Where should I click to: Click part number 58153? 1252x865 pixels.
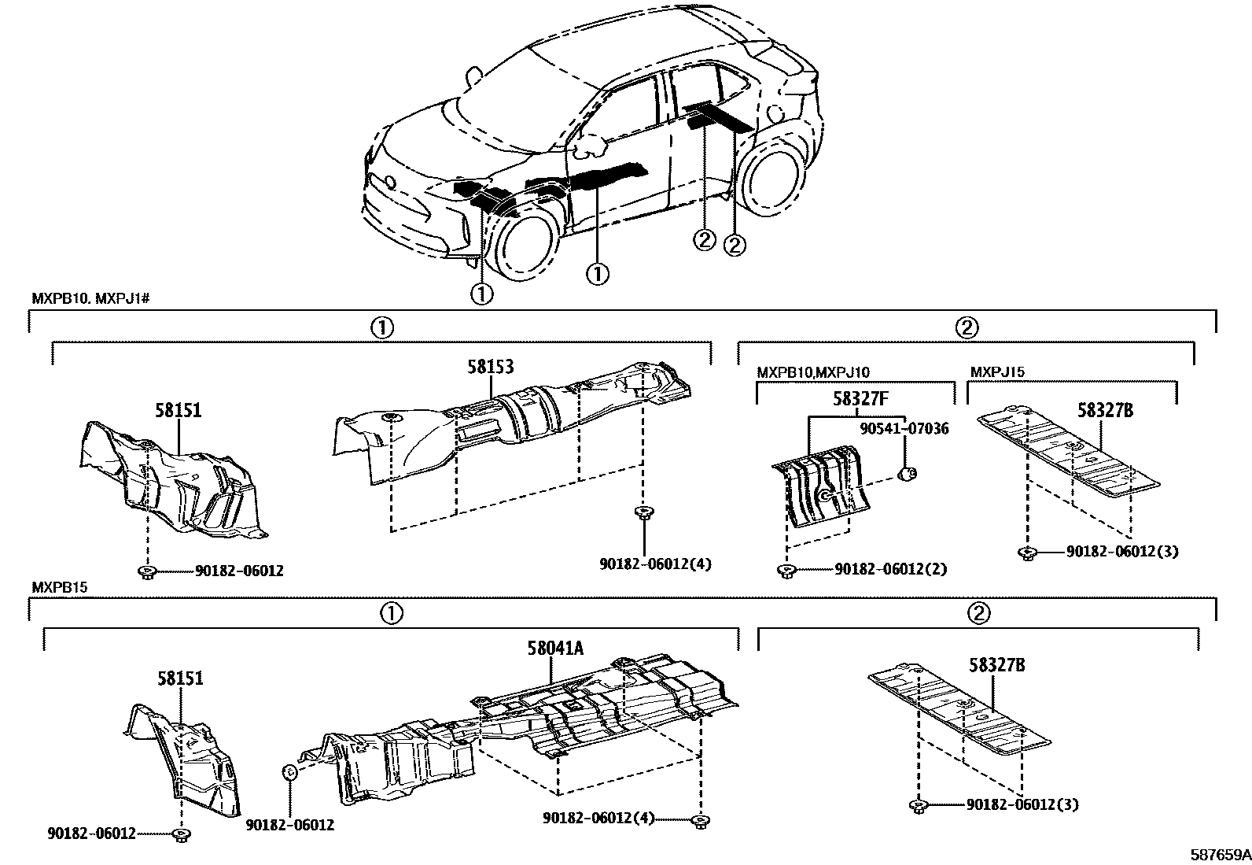pyautogui.click(x=492, y=368)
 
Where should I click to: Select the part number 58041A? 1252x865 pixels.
pyautogui.click(x=555, y=648)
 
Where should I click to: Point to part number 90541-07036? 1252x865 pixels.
pyautogui.click(x=904, y=429)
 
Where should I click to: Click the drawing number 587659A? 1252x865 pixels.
pyautogui.click(x=1219, y=854)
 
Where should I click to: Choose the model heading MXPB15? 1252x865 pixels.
pyautogui.click(x=55, y=587)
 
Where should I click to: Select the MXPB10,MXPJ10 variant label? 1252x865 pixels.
pyautogui.click(x=813, y=372)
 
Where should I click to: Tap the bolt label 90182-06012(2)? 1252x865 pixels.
pyautogui.click(x=890, y=568)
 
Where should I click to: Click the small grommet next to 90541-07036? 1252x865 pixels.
pyautogui.click(x=907, y=473)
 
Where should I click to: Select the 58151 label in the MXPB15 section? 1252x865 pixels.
pyautogui.click(x=180, y=678)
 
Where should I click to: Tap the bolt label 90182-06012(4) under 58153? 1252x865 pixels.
pyautogui.click(x=655, y=564)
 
